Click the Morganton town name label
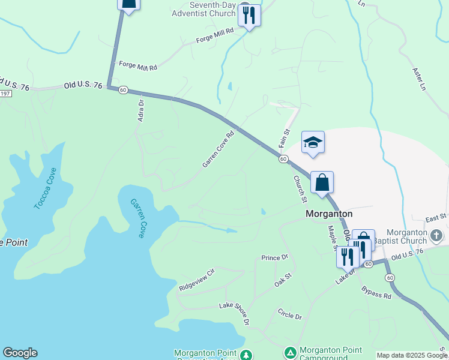click(329, 213)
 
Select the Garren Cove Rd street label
click(217, 150)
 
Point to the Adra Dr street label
click(142, 111)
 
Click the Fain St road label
click(285, 139)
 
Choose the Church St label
click(300, 188)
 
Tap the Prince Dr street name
click(275, 257)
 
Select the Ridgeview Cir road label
click(196, 280)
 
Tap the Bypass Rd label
click(376, 293)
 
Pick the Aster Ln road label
click(418, 79)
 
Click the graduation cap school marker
click(313, 143)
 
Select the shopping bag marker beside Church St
click(322, 183)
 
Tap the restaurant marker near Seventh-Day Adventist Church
click(249, 14)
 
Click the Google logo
click(20, 353)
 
